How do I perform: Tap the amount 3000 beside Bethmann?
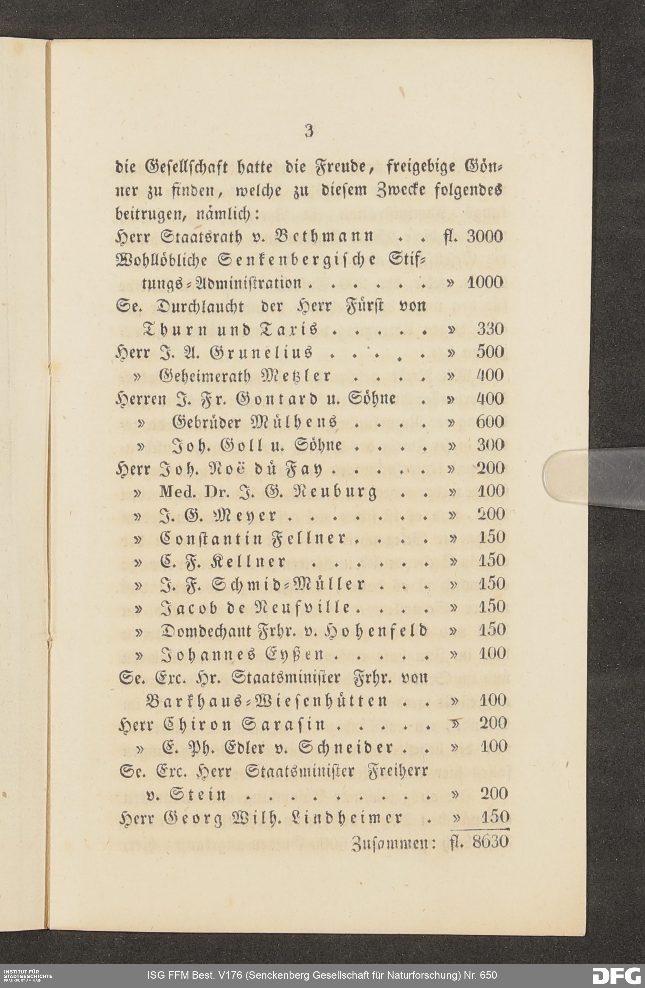point(485,237)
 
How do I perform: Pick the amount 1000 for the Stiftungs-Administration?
point(485,283)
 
